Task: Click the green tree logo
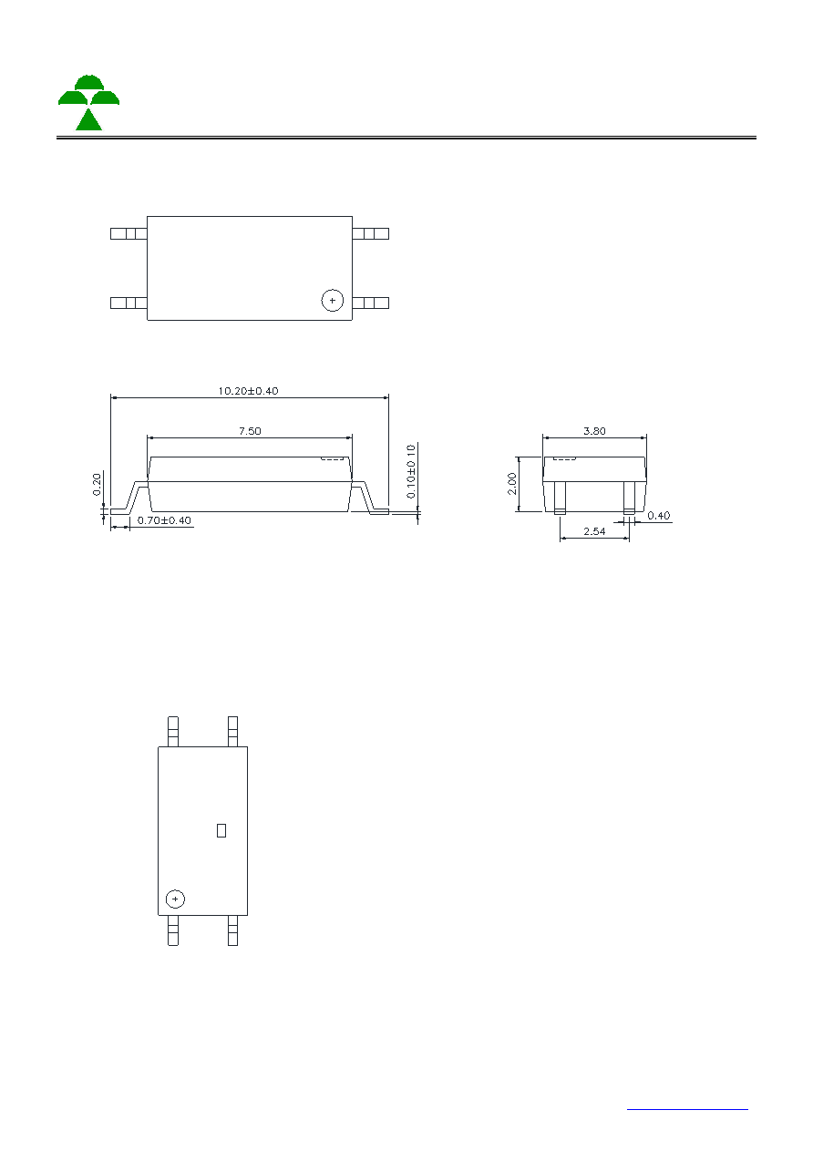coord(89,102)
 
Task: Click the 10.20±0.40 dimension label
coord(248,391)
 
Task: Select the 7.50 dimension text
coord(250,431)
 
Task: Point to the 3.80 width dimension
coord(594,431)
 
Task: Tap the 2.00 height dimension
coord(512,484)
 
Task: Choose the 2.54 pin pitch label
coord(594,531)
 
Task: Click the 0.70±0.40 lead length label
coord(164,520)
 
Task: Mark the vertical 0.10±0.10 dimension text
coord(411,472)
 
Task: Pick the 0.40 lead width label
coord(659,516)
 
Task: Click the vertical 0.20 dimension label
coord(97,485)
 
